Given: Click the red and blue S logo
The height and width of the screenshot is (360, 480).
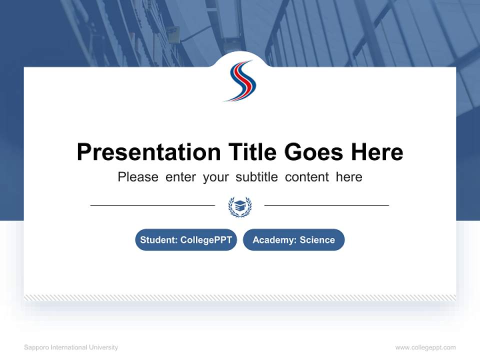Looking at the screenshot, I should (239, 80).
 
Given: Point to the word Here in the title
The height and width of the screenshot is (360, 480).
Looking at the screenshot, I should (376, 152).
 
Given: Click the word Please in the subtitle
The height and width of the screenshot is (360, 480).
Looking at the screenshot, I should (138, 177).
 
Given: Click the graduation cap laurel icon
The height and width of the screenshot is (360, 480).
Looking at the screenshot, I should (239, 206).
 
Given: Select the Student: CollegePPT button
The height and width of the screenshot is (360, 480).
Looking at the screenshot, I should (186, 240).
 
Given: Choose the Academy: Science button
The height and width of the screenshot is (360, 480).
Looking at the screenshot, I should (293, 240).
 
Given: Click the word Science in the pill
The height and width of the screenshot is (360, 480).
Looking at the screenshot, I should (317, 240).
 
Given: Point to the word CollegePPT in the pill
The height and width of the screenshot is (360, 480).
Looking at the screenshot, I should (206, 240).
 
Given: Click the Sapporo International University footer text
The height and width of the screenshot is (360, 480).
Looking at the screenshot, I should (71, 347).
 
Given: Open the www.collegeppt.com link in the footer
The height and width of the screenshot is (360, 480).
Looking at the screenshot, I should (425, 347).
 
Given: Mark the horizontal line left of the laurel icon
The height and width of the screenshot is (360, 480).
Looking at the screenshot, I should (152, 205).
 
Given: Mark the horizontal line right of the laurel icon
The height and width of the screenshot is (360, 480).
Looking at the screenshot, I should (326, 205).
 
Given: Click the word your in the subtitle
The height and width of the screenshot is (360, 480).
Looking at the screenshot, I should (215, 177).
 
